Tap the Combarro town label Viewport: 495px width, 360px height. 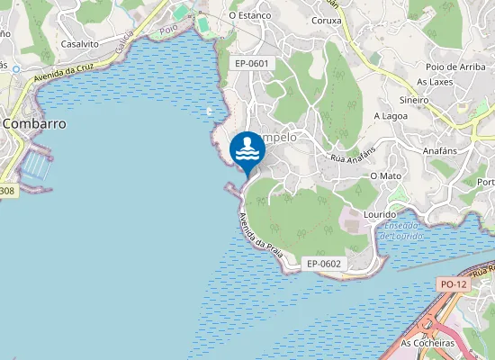coord(34,123)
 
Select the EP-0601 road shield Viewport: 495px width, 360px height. coord(251,64)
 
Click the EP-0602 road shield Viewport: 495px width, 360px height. coord(323,264)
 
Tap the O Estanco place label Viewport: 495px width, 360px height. coord(250,15)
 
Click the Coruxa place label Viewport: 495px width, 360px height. coord(325,20)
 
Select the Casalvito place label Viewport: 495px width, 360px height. coord(80,43)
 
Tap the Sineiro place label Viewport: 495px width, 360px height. coord(413,101)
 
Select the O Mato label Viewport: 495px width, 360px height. coord(386,175)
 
